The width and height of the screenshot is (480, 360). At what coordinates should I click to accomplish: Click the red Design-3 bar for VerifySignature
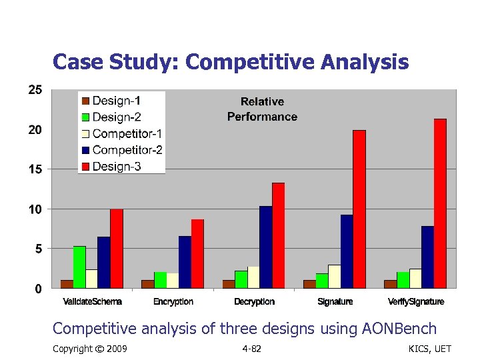pyautogui.click(x=440, y=203)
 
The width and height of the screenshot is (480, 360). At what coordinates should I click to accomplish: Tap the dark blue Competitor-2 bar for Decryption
pyautogui.click(x=266, y=247)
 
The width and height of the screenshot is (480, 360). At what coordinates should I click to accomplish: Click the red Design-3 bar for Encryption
pyautogui.click(x=197, y=253)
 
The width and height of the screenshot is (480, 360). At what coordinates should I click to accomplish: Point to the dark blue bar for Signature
pyautogui.click(x=347, y=251)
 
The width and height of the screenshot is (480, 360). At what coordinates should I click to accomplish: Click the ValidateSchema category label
pyautogui.click(x=92, y=302)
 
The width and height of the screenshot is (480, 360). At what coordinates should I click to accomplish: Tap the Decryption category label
pyautogui.click(x=254, y=302)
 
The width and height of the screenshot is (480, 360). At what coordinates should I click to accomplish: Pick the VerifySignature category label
pyautogui.click(x=416, y=302)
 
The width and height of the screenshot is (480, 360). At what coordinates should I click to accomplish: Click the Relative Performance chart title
pyautogui.click(x=262, y=109)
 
